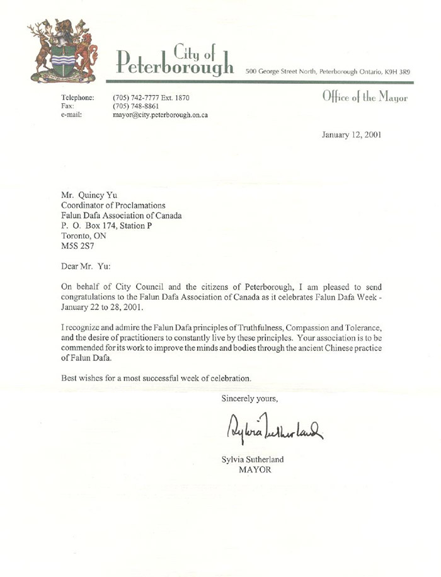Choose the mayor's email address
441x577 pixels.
tap(160, 115)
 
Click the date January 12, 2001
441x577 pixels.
tap(351, 134)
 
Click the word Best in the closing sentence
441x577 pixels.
tap(69, 379)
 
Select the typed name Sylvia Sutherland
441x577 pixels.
tap(254, 459)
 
